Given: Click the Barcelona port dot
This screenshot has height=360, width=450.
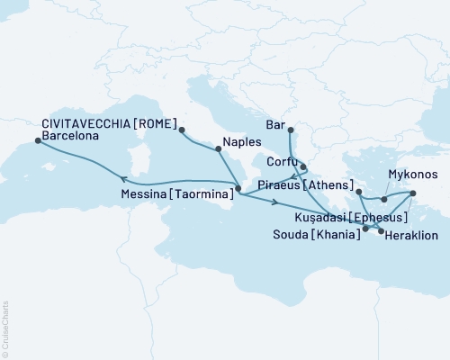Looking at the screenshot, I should point(36,139).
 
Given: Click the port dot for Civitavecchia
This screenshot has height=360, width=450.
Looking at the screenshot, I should point(181,130).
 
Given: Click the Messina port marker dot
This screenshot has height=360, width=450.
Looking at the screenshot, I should point(238,189).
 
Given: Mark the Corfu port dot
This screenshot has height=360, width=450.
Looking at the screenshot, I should point(303,166).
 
